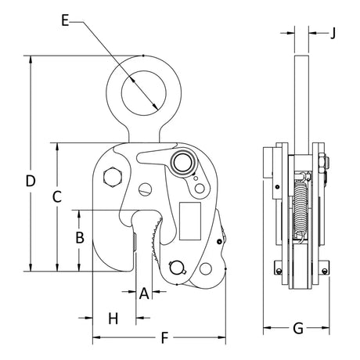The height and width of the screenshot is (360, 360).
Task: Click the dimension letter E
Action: pyautogui.click(x=65, y=20)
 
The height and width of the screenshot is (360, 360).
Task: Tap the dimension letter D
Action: pyautogui.click(x=31, y=181)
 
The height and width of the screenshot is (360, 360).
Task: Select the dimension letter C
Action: pyautogui.click(x=57, y=196)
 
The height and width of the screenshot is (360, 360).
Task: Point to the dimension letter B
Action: pyautogui.click(x=80, y=237)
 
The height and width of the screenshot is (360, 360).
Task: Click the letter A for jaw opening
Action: pyautogui.click(x=144, y=293)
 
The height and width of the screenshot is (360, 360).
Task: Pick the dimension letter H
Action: pyautogui.click(x=113, y=319)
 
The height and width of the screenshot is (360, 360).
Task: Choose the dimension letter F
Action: pyautogui.click(x=164, y=338)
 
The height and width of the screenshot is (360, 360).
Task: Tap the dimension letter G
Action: pyautogui.click(x=298, y=328)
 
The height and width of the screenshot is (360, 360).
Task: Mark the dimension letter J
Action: pyautogui.click(x=333, y=33)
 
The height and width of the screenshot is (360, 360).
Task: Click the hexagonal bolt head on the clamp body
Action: pyautogui.click(x=113, y=177)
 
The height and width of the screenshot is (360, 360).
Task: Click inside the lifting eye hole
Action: pyautogui.click(x=144, y=93)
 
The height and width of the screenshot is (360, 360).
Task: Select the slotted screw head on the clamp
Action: pyautogui.click(x=145, y=189)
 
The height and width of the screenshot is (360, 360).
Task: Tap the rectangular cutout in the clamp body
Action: pyautogui.click(x=190, y=221)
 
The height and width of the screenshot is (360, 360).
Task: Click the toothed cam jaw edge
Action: pyautogui.click(x=156, y=239)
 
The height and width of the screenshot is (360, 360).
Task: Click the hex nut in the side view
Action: pyautogui.click(x=323, y=164)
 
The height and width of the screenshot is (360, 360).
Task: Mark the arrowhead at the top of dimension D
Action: pyautogui.click(x=31, y=59)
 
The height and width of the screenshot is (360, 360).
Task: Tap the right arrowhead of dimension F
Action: pyautogui.click(x=221, y=337)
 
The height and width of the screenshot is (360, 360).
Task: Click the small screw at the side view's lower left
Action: pyautogui.click(x=279, y=272)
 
